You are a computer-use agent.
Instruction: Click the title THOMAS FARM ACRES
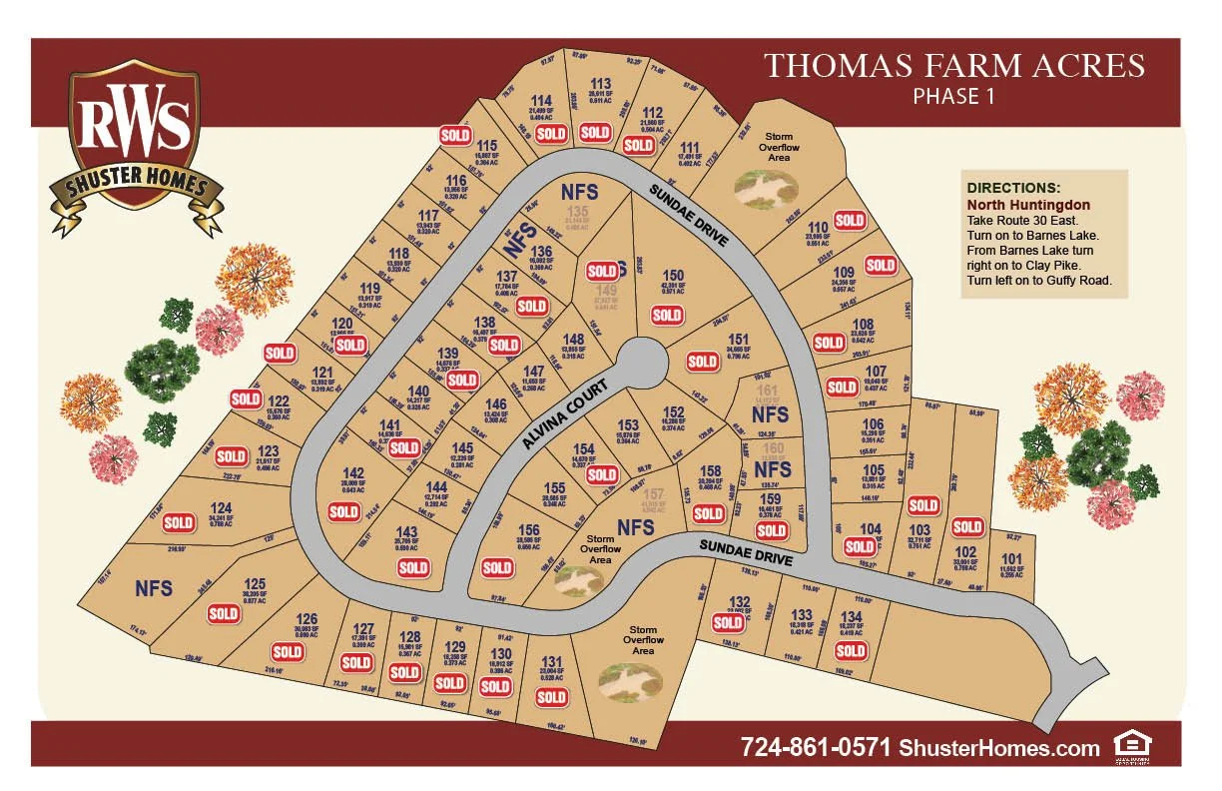(x=953, y=67)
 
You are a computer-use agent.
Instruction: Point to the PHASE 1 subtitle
(x=953, y=97)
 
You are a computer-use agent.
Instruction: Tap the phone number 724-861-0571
(x=815, y=747)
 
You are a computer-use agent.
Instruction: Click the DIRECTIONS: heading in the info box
(x=1013, y=188)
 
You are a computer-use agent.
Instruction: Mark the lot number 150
(x=674, y=276)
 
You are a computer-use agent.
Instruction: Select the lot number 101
(x=1011, y=558)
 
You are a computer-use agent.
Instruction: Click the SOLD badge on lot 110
(x=850, y=221)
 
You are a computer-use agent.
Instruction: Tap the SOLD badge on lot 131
(x=551, y=698)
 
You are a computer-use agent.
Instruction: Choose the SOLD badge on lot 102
(x=966, y=526)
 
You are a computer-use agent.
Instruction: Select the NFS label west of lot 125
(x=155, y=588)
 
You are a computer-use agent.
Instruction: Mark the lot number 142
(x=352, y=473)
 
